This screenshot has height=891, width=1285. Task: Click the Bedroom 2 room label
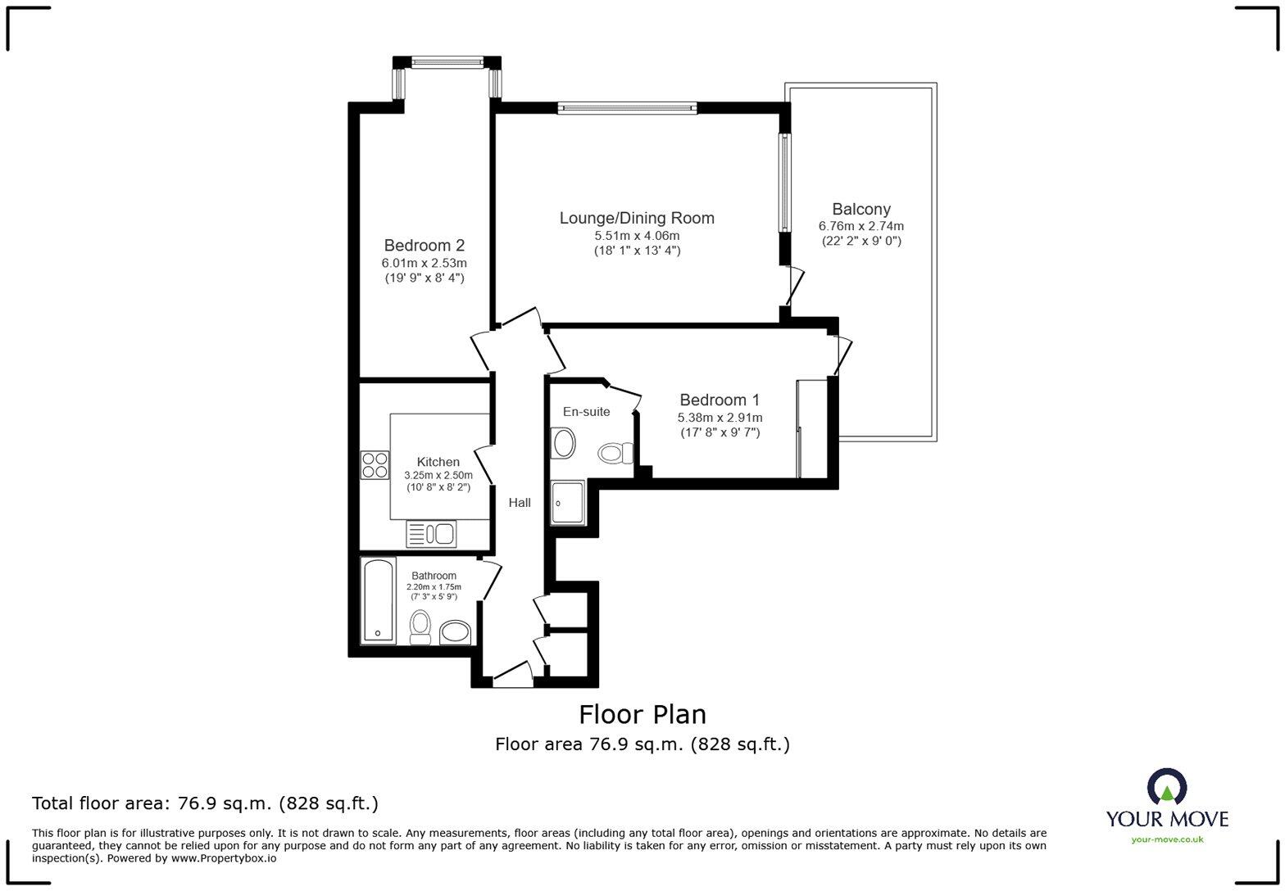point(425,245)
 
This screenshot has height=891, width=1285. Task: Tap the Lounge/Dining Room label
point(637,218)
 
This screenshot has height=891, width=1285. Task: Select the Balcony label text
point(860,209)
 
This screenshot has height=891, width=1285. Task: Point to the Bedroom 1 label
point(720,400)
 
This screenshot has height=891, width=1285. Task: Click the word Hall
point(520,503)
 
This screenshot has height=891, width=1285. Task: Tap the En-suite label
point(586,411)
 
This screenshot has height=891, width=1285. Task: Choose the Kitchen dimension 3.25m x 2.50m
point(438,475)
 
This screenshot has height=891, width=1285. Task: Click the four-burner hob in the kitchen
point(375,465)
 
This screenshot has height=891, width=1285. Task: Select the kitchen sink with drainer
point(431,534)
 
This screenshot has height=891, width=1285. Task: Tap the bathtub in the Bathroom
point(378,601)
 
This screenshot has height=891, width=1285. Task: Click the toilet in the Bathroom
point(420,627)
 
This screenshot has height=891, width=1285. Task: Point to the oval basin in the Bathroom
point(455,632)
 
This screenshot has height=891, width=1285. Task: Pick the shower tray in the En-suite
point(568,502)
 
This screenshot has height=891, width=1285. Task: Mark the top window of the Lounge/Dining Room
point(627,107)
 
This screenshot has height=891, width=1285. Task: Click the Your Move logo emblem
point(1167,788)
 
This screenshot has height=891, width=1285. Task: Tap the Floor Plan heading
point(642,714)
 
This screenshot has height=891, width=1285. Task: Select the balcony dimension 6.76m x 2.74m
point(860,226)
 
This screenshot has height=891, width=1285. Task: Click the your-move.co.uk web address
point(1167,839)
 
